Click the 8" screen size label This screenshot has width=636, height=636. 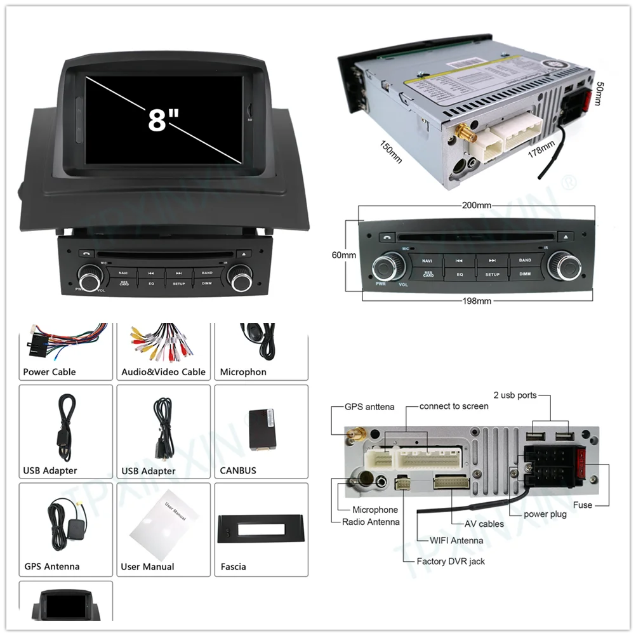tap(163, 118)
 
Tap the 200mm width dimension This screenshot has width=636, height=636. tap(476, 206)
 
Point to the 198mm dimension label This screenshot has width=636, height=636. tap(476, 301)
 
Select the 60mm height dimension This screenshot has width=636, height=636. tap(343, 255)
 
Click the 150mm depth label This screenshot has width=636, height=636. tap(391, 151)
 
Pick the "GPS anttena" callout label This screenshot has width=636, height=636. tap(369, 407)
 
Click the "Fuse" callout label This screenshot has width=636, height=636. tap(582, 505)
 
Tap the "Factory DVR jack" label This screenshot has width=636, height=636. tap(451, 561)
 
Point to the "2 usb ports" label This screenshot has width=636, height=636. tap(515, 395)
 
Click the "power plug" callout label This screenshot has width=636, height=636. tap(545, 514)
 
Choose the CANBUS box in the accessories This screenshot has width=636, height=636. tap(262, 429)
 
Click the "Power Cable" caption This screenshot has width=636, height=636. tap(49, 372)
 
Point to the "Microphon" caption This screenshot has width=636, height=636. tap(243, 372)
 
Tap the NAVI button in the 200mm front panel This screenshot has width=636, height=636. tap(427, 260)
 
